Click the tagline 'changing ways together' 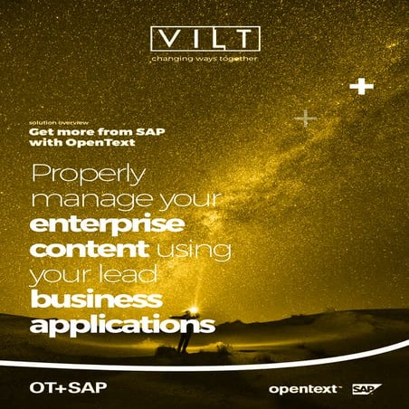click(x=204, y=61)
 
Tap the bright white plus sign click(x=363, y=87)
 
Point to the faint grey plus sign click(x=306, y=118)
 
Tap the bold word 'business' click(x=96, y=300)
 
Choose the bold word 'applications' click(x=121, y=324)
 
